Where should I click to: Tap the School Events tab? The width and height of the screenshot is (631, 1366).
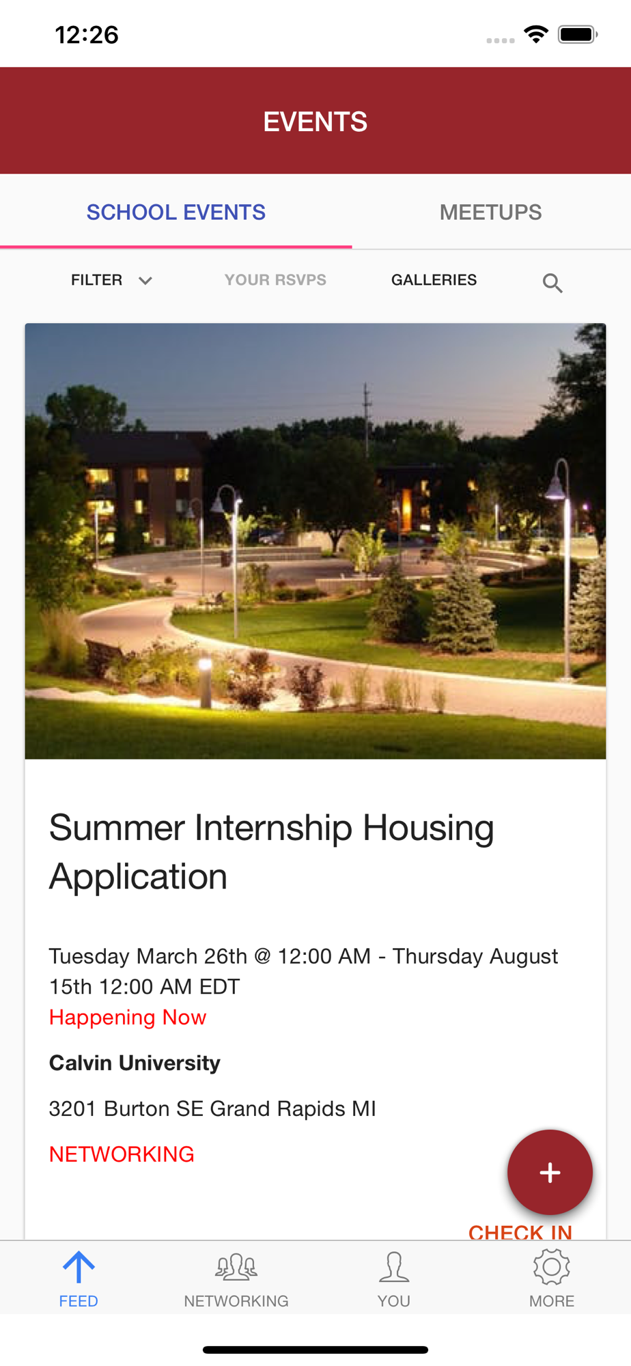(x=176, y=212)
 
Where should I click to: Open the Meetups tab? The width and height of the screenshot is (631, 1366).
(x=490, y=212)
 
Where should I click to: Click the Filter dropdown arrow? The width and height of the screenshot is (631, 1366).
(x=145, y=281)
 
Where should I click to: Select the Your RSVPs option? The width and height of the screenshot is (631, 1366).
(x=275, y=280)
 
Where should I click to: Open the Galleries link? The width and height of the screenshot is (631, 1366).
(x=434, y=280)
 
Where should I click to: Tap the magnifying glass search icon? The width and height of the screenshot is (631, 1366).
(x=552, y=283)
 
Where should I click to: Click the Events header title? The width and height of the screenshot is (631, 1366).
(x=315, y=122)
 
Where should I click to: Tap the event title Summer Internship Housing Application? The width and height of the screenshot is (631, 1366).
(x=271, y=852)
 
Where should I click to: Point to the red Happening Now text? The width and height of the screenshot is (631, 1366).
(x=128, y=1017)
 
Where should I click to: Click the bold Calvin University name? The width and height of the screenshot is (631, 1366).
(x=135, y=1063)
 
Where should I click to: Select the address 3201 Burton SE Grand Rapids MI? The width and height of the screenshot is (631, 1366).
(x=212, y=1108)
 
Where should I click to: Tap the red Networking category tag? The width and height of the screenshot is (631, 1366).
(x=122, y=1154)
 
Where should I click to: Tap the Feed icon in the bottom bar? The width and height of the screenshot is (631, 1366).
(x=79, y=1268)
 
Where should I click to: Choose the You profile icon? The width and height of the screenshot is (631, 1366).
(x=394, y=1267)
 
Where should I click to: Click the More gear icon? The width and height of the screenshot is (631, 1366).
(x=552, y=1267)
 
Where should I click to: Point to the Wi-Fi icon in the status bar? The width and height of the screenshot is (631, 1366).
(x=537, y=34)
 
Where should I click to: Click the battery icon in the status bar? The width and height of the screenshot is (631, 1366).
(x=578, y=34)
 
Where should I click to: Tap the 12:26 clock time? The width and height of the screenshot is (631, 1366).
(x=87, y=35)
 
